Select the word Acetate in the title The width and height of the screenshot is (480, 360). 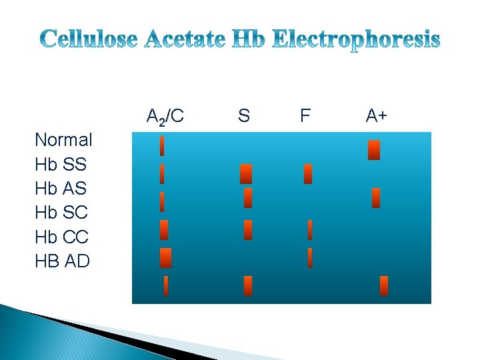click(187, 41)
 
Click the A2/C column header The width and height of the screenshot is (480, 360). click(165, 117)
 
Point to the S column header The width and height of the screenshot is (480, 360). click(244, 116)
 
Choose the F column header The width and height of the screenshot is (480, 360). click(305, 116)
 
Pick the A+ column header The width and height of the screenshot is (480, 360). click(377, 116)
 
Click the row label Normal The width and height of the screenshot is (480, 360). click(63, 140)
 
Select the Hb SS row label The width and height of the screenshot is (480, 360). click(61, 164)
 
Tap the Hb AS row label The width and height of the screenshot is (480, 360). click(61, 189)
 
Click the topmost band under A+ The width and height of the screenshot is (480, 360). click(374, 150)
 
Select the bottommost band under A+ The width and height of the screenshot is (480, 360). click(383, 285)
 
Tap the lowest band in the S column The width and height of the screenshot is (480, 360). click(248, 285)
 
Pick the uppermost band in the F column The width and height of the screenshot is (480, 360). click(307, 174)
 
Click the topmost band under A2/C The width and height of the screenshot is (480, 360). click(162, 145)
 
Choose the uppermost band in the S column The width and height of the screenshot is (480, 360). click(246, 173)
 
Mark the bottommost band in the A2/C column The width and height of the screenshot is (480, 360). click(166, 285)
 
